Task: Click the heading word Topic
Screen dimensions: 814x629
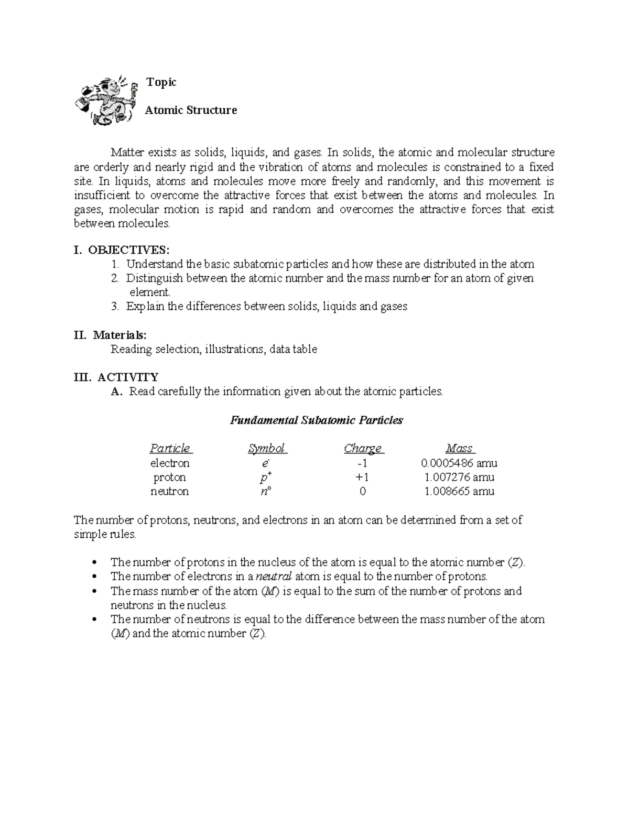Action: click(161, 82)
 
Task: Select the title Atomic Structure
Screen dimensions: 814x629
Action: click(191, 110)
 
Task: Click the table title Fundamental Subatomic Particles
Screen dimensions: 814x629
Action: click(316, 420)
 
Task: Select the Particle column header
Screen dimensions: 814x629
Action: click(170, 448)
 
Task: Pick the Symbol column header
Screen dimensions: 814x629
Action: click(267, 448)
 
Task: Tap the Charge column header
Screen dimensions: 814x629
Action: click(363, 448)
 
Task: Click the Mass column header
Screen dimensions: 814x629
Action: click(460, 448)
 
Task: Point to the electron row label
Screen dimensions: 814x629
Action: click(170, 463)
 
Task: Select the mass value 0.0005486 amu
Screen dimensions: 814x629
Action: click(459, 463)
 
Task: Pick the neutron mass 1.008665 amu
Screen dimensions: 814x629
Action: click(459, 491)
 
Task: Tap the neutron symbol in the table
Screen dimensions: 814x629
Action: click(266, 491)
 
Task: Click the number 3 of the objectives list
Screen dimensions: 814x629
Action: click(115, 306)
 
